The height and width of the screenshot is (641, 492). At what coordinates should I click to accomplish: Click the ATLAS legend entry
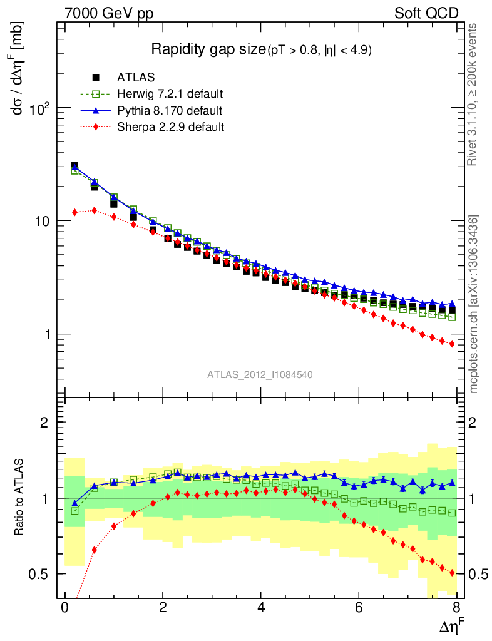pyautogui.click(x=136, y=78)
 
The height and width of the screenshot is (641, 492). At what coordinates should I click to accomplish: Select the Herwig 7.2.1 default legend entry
pyautogui.click(x=170, y=95)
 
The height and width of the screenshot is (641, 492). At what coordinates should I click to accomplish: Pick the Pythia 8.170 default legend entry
pyautogui.click(x=169, y=111)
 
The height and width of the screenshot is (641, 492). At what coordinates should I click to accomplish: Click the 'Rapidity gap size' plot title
pyautogui.click(x=209, y=49)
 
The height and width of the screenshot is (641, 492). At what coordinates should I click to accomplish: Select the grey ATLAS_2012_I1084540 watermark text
pyautogui.click(x=260, y=374)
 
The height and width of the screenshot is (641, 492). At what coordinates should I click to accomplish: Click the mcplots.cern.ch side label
pyautogui.click(x=474, y=304)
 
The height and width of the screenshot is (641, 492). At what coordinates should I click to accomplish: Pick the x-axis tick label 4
pyautogui.click(x=261, y=608)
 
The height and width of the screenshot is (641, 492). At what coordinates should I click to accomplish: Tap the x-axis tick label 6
pyautogui.click(x=359, y=608)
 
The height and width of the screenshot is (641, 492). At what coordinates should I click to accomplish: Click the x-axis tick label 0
pyautogui.click(x=65, y=608)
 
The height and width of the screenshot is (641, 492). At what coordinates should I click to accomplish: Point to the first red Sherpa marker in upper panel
pyautogui.click(x=74, y=212)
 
